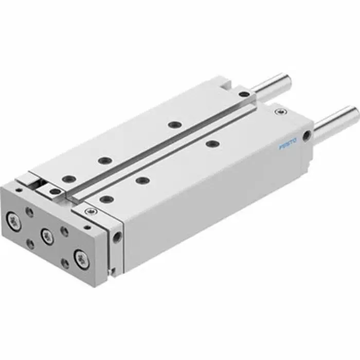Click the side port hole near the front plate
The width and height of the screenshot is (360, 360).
[118, 236]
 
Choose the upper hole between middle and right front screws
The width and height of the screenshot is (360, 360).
[64, 231]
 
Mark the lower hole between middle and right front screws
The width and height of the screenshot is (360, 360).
[65, 263]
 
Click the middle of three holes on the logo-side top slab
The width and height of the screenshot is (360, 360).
[142, 180]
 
